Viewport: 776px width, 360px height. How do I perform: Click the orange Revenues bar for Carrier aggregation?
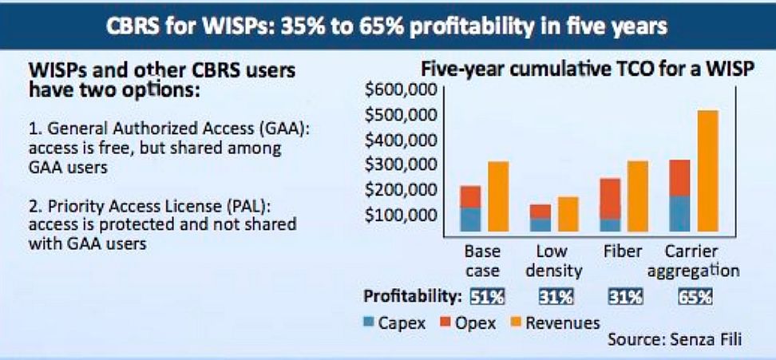click(707, 171)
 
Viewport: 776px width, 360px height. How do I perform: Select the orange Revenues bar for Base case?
click(498, 196)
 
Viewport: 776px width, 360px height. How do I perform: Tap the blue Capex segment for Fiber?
click(611, 225)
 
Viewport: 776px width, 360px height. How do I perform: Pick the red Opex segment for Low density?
click(540, 212)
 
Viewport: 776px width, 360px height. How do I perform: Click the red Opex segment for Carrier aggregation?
click(679, 178)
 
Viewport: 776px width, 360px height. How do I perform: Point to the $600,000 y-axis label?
click(401, 90)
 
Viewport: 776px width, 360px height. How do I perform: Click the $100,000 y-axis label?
click(401, 215)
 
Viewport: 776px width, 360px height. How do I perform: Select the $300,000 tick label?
click(401, 165)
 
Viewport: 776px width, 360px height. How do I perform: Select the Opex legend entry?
click(468, 323)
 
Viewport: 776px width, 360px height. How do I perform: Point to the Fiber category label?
click(623, 251)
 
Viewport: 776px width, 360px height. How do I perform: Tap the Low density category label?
click(553, 261)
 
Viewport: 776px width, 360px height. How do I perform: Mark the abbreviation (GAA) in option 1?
click(290, 129)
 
